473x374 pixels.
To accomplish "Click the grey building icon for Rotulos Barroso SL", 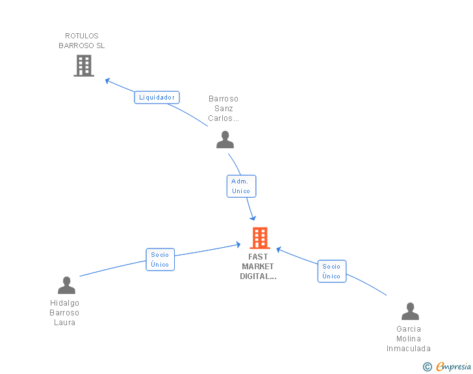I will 83,66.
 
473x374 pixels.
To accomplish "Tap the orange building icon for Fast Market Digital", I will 260,238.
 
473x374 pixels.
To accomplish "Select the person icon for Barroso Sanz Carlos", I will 225,139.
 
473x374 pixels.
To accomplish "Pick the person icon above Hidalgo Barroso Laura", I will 66,285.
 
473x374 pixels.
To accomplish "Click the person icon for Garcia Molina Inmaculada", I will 410,312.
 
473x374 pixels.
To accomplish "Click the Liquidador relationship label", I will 157,98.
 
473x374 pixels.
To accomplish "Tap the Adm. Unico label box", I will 241,186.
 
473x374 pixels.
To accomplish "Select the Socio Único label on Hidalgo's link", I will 160,260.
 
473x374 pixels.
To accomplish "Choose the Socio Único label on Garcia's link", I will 331,271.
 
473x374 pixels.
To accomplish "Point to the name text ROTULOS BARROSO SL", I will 82,41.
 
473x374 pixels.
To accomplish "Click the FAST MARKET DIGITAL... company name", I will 258,267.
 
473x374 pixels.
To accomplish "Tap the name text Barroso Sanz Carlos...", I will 224,109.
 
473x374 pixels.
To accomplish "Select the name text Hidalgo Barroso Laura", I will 64,313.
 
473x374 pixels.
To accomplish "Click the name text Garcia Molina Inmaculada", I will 409,339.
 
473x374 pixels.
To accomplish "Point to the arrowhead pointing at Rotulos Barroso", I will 108,81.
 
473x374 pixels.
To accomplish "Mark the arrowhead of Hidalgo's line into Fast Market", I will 238,245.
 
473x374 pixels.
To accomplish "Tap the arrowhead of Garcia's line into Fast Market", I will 279,249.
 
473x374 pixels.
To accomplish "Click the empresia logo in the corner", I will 454,367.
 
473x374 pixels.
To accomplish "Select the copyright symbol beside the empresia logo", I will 427,367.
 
